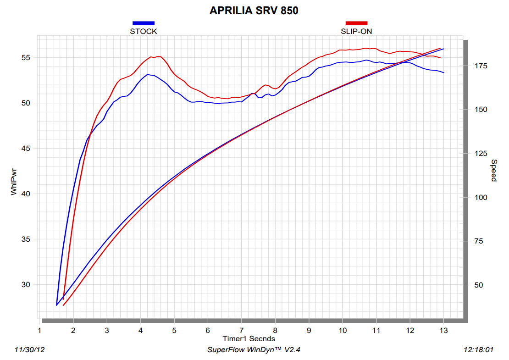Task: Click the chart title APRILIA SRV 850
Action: (x=254, y=11)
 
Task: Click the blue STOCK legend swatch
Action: (x=143, y=23)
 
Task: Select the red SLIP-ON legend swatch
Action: (x=356, y=23)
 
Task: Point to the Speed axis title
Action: (x=494, y=171)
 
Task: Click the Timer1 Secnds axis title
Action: (x=249, y=338)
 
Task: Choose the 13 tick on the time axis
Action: (x=443, y=330)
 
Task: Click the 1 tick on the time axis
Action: (x=40, y=330)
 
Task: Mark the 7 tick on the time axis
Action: (x=242, y=330)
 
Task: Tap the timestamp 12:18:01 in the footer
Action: (x=479, y=350)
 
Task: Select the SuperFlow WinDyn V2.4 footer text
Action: (x=254, y=350)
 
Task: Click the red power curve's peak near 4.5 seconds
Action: (x=158, y=56)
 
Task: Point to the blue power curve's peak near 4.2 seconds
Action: (x=148, y=74)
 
